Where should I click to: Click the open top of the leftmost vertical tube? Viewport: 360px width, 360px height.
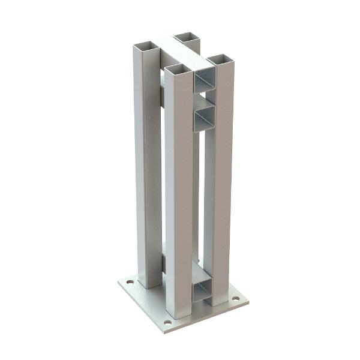145,46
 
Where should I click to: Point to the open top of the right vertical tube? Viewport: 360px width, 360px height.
220,59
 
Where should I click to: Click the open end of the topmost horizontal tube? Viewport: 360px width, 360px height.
205,80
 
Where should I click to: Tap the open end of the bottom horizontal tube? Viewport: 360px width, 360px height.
203,289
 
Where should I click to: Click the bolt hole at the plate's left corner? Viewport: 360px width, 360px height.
128,280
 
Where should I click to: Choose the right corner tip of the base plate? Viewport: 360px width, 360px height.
248,302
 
